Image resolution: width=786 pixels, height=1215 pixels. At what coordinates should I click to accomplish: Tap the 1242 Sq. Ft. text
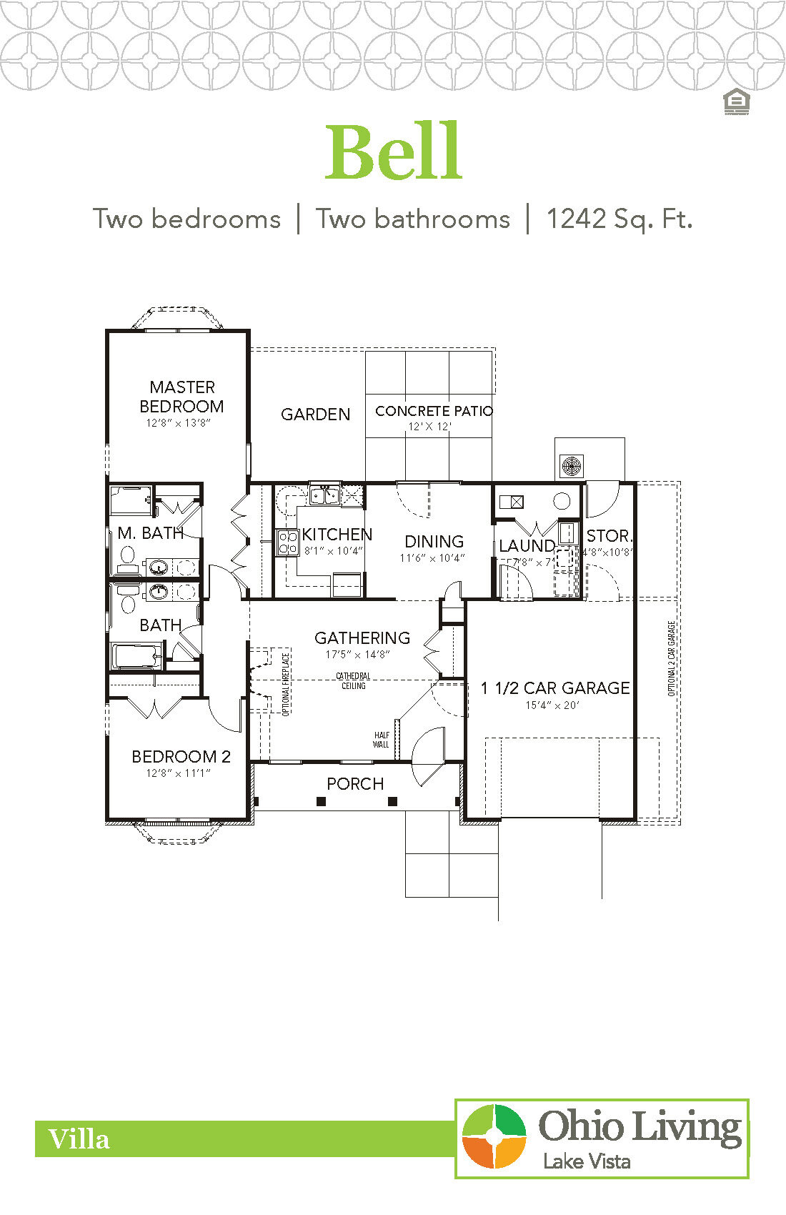pyautogui.click(x=619, y=219)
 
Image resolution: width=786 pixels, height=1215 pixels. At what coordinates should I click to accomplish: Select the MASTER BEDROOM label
pyautogui.click(x=181, y=397)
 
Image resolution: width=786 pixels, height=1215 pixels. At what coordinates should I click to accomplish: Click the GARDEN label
pyautogui.click(x=315, y=415)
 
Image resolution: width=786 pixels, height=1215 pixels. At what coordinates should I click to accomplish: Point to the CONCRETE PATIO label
pyautogui.click(x=434, y=411)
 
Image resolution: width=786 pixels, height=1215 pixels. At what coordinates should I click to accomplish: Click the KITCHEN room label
pyautogui.click(x=337, y=535)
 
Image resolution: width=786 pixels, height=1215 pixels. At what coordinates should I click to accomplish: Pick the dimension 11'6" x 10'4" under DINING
pyautogui.click(x=432, y=558)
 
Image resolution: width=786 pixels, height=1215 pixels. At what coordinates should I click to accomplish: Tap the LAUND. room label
pyautogui.click(x=527, y=546)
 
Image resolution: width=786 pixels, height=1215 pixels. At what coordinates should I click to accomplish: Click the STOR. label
pyautogui.click(x=609, y=536)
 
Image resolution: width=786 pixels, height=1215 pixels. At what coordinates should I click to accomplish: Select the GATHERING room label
pyautogui.click(x=362, y=638)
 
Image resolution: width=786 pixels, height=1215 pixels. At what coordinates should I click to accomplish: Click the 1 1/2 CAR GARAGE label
pyautogui.click(x=555, y=688)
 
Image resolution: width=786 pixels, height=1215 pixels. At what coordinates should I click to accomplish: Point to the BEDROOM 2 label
pyautogui.click(x=181, y=757)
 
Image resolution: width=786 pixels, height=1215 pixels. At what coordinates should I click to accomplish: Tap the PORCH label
pyautogui.click(x=355, y=784)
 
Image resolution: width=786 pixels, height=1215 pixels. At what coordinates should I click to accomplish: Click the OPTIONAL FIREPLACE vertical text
pyautogui.click(x=286, y=685)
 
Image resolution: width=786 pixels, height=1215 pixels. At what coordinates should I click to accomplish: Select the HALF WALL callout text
pyautogui.click(x=381, y=740)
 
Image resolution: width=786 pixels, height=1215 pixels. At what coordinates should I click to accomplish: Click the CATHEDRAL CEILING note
pyautogui.click(x=353, y=680)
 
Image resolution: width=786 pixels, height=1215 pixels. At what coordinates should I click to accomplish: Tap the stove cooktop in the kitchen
pyautogui.click(x=287, y=542)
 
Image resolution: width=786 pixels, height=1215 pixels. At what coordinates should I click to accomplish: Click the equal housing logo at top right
pyautogui.click(x=735, y=102)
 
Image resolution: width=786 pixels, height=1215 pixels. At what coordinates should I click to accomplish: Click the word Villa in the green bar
pyautogui.click(x=79, y=1139)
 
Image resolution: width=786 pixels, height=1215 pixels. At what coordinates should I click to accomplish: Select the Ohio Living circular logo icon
pyautogui.click(x=494, y=1136)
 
